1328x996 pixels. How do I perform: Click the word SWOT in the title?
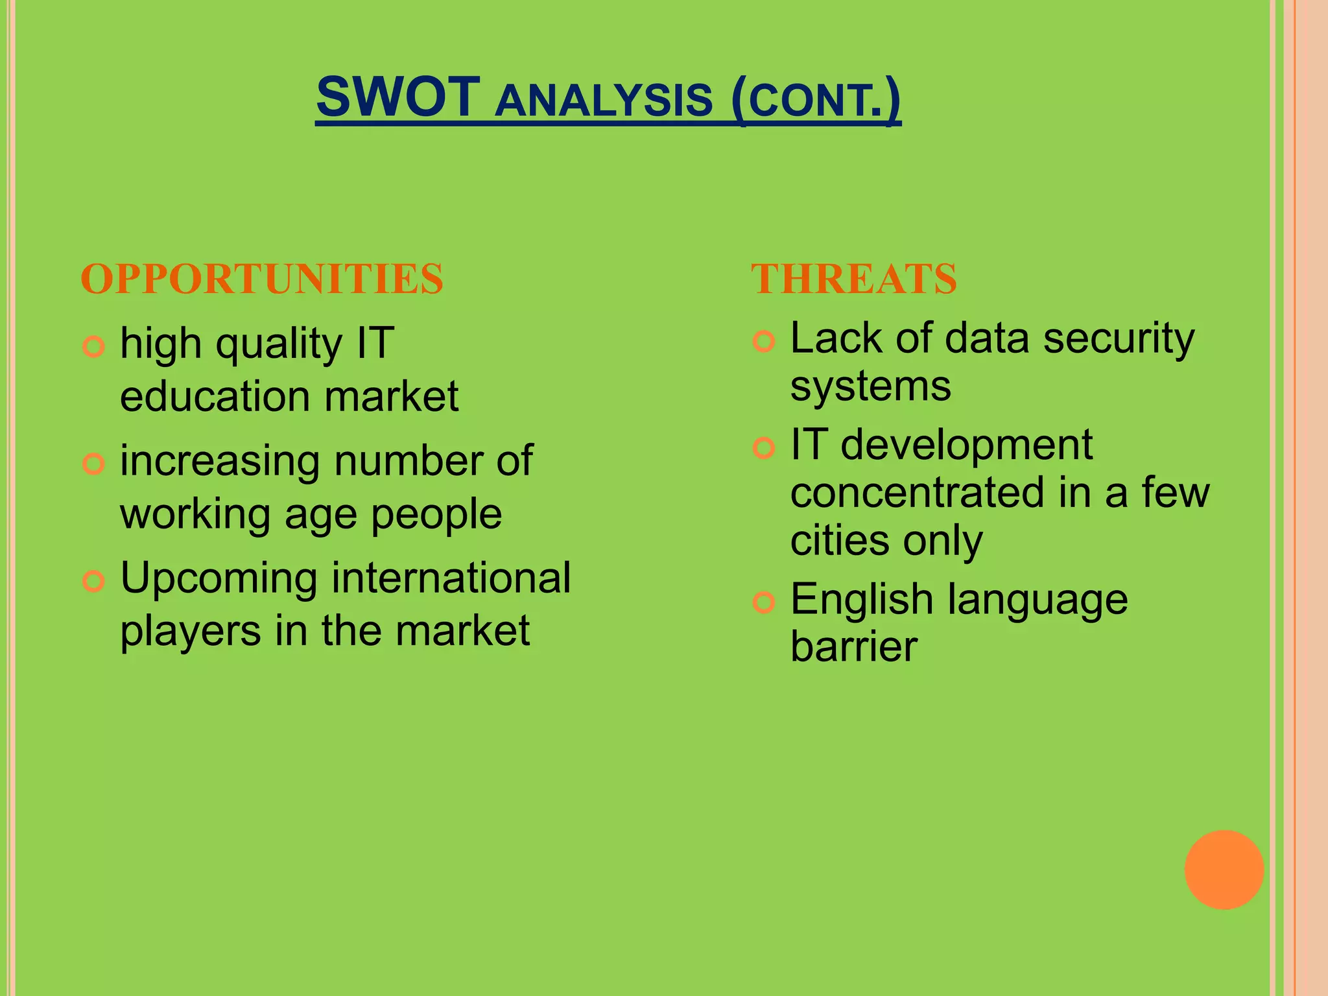click(397, 97)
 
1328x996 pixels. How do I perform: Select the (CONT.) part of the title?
click(816, 99)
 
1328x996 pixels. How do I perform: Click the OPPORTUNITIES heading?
click(262, 279)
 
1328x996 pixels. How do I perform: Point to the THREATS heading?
click(853, 279)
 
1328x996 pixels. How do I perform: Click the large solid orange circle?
click(1224, 870)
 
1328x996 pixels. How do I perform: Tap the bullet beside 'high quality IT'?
click(94, 347)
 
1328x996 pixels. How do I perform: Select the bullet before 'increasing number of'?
click(94, 464)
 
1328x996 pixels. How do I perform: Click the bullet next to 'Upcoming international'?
click(94, 581)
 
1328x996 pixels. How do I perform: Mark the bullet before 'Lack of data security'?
click(764, 341)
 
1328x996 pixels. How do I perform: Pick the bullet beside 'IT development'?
click(764, 447)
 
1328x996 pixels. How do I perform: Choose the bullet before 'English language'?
click(764, 602)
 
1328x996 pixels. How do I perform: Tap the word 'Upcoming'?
click(219, 579)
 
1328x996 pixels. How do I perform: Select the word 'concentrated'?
click(917, 493)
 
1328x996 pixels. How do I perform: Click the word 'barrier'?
click(853, 646)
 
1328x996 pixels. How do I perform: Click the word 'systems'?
click(870, 387)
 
